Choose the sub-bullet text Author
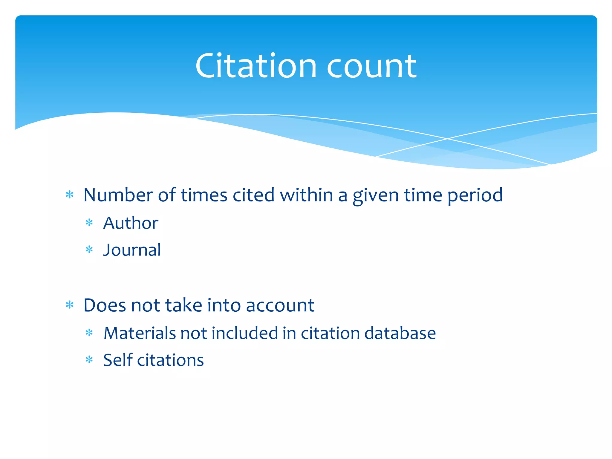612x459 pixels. [131, 223]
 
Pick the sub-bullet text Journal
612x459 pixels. [132, 250]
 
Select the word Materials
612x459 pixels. [140, 333]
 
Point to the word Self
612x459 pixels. [118, 360]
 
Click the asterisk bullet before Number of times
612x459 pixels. [70, 195]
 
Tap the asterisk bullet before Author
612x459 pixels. [89, 223]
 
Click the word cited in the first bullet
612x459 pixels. [253, 195]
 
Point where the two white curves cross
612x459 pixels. [447, 139]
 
